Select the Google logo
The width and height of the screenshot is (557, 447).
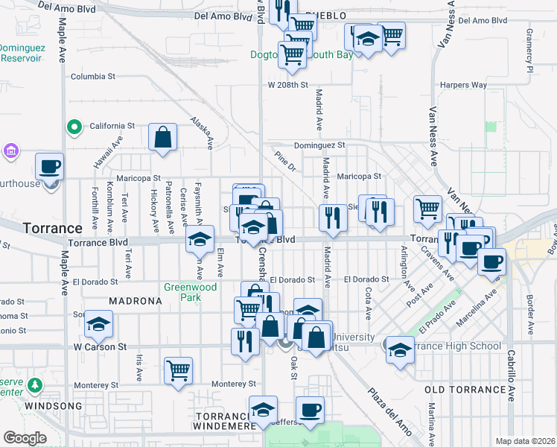[25, 438]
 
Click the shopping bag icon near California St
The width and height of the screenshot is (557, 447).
[162, 138]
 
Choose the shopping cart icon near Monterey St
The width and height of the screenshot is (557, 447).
[178, 370]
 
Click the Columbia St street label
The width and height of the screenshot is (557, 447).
[93, 76]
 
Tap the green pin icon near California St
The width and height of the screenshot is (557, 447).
[74, 127]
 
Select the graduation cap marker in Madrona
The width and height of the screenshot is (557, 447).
[98, 324]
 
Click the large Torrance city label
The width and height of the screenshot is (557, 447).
[52, 227]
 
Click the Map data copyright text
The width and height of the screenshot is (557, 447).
[524, 441]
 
